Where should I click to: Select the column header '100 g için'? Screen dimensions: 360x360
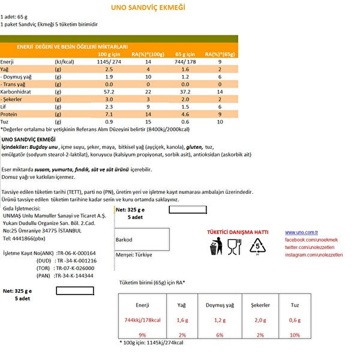112,54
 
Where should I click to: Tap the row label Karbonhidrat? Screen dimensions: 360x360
17,92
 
